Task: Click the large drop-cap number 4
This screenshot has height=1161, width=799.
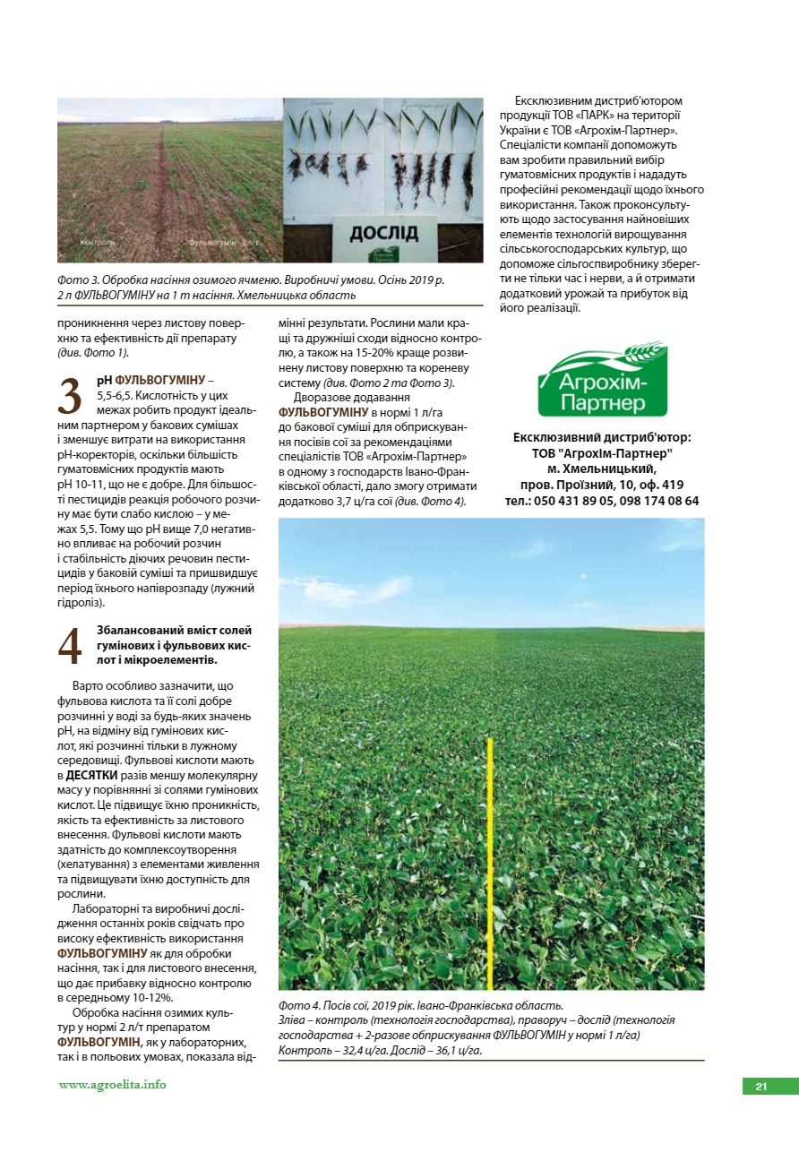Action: click(x=70, y=647)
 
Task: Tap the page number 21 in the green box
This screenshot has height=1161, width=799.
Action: click(x=760, y=1087)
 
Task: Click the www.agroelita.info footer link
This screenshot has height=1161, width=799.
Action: click(x=112, y=1085)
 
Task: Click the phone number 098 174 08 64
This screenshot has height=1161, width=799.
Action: click(x=658, y=501)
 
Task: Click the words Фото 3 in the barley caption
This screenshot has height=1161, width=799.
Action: click(x=78, y=280)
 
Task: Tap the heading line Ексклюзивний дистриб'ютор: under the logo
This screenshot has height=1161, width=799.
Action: click(x=602, y=437)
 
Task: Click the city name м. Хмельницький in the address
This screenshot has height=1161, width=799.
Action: click(x=602, y=469)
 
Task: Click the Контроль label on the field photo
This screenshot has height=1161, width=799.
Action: click(x=96, y=242)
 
